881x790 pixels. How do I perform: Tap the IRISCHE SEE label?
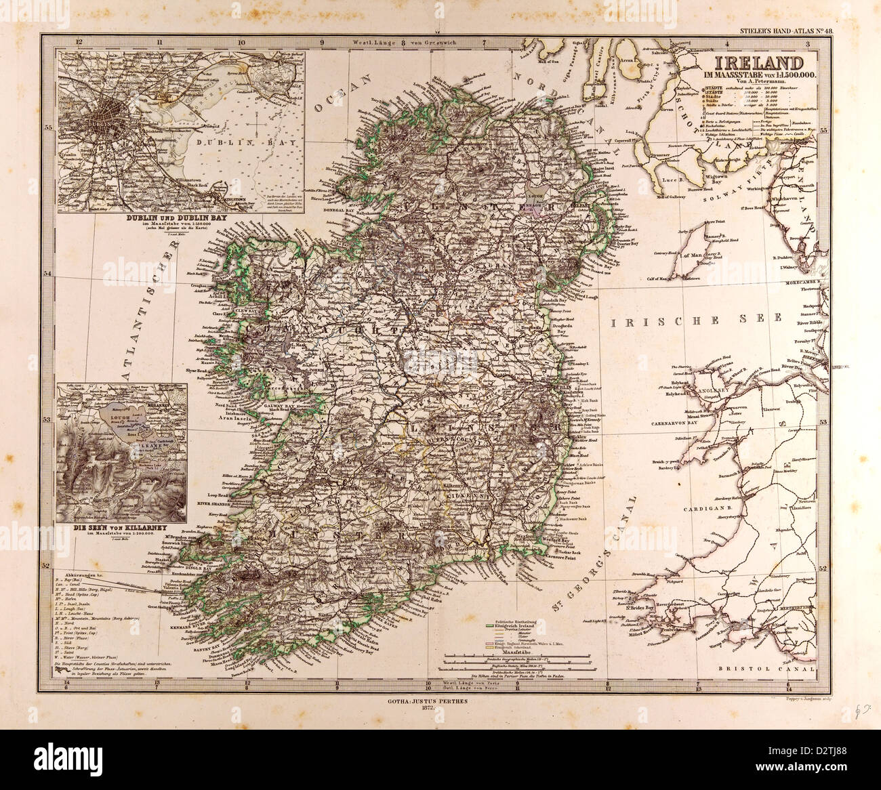tap(695, 318)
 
